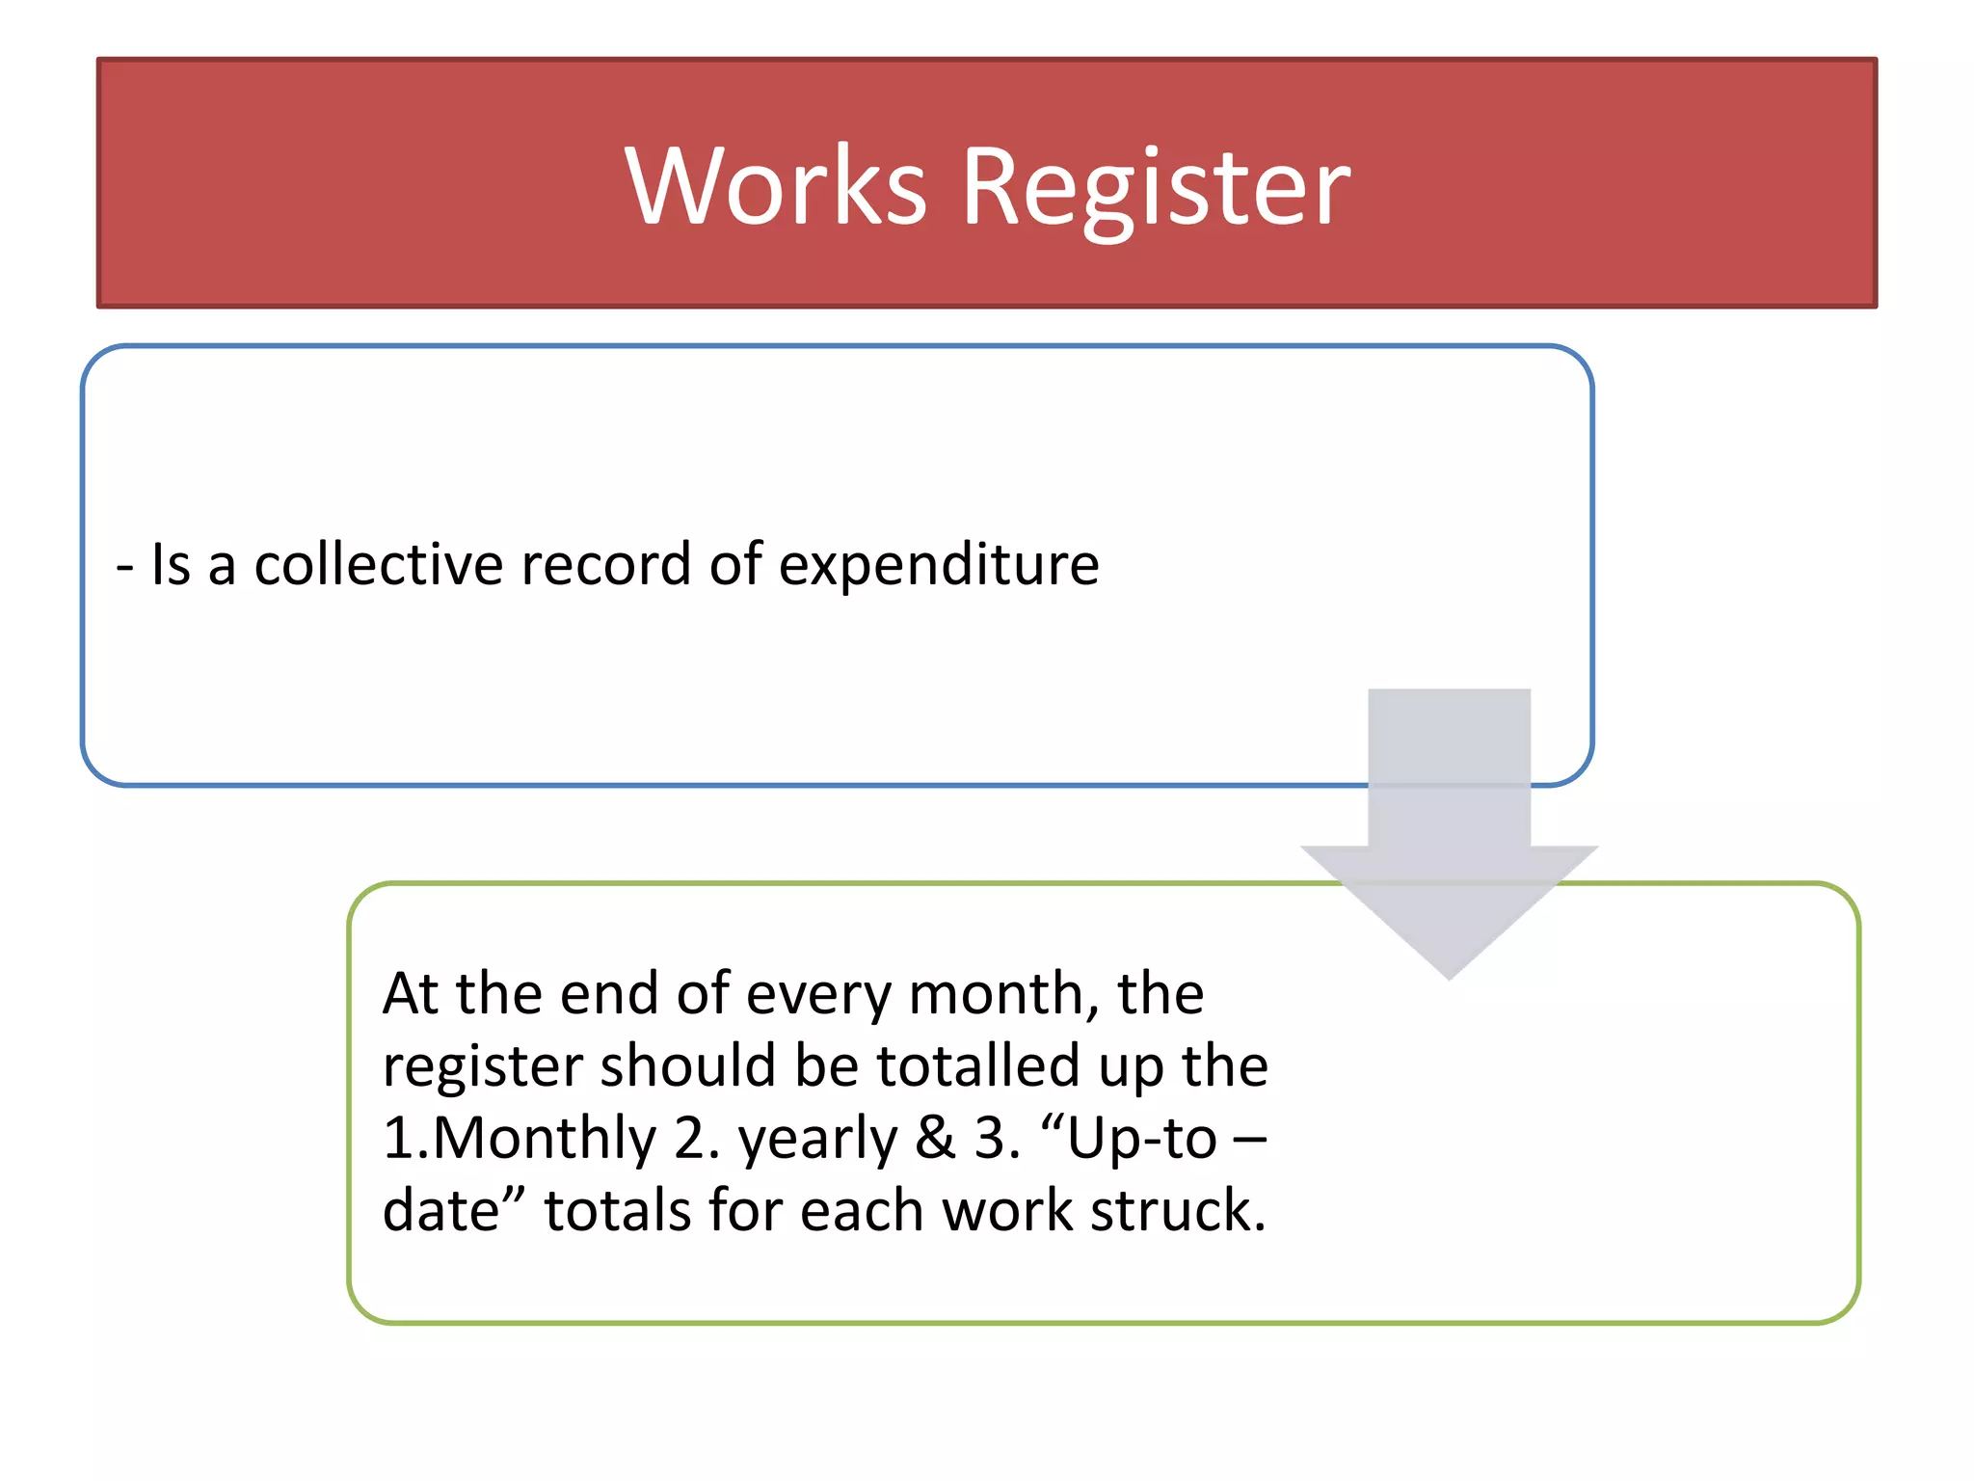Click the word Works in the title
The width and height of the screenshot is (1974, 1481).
(x=776, y=185)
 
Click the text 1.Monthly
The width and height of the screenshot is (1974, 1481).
(x=520, y=1139)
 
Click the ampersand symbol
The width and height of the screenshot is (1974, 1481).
(x=934, y=1138)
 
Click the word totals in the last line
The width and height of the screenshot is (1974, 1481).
(x=617, y=1211)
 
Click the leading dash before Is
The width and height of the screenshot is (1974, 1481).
(x=123, y=566)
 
